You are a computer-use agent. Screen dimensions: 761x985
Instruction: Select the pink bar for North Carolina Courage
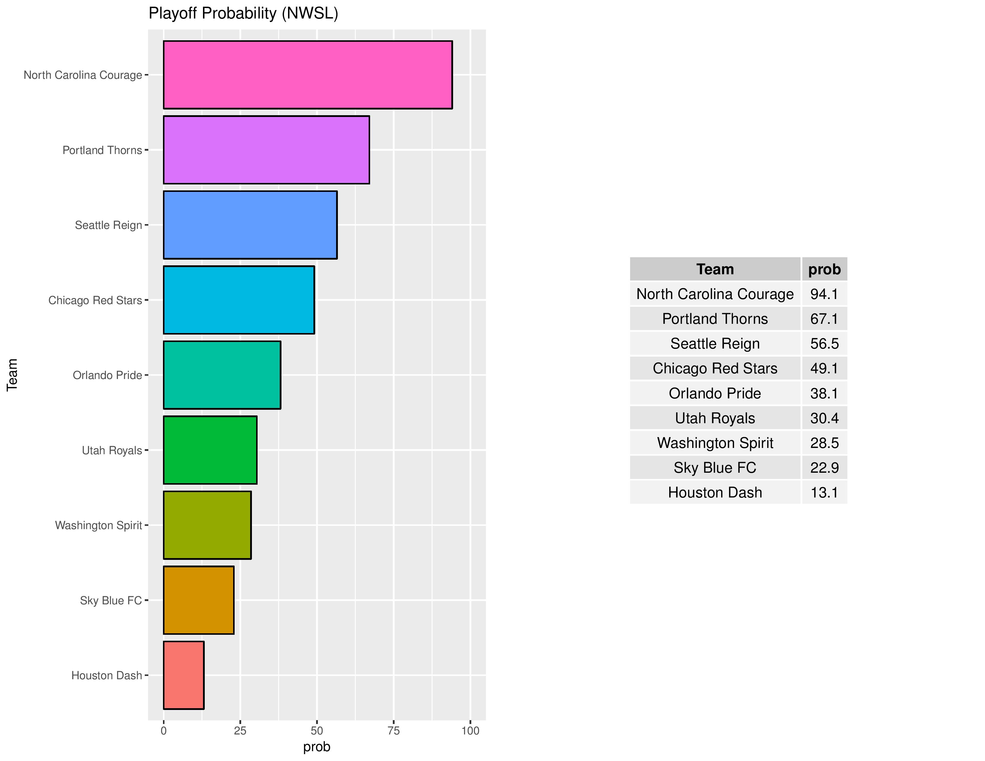click(307, 75)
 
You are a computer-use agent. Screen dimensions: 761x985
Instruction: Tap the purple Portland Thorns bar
click(266, 150)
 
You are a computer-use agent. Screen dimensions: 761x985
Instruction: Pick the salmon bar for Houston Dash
click(184, 675)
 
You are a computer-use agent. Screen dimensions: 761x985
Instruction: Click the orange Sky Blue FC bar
click(198, 600)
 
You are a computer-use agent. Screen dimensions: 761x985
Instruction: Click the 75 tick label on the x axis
click(394, 731)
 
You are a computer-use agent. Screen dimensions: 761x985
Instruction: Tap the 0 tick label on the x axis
click(164, 731)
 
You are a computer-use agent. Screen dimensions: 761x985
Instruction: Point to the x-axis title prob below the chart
click(317, 747)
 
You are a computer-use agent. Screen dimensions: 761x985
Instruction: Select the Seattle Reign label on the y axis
click(108, 225)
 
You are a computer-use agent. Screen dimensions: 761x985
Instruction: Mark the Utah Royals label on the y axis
click(112, 450)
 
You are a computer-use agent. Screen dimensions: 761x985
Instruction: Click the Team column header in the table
click(715, 269)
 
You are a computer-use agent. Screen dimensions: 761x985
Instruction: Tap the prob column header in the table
click(824, 269)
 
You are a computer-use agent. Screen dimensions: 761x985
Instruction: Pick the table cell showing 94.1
click(824, 294)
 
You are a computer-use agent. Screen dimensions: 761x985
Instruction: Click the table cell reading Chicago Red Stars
click(715, 368)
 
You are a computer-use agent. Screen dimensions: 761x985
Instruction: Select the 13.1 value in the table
click(824, 492)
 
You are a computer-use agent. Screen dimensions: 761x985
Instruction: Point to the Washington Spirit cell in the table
click(715, 443)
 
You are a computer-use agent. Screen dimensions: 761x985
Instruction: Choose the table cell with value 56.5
click(824, 343)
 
